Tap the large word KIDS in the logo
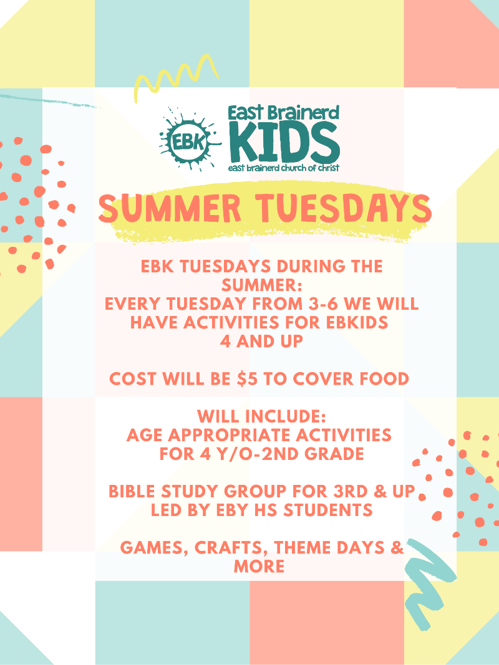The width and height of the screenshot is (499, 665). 284,141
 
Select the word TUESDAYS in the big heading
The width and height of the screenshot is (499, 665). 346,208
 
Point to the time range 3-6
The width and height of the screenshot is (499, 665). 321,304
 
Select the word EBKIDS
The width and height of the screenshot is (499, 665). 357,323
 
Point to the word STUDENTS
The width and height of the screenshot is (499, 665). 328,510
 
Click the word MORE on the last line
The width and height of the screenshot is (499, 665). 259,566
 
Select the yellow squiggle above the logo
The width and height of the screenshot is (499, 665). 176,75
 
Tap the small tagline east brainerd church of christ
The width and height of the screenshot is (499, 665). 284,168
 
